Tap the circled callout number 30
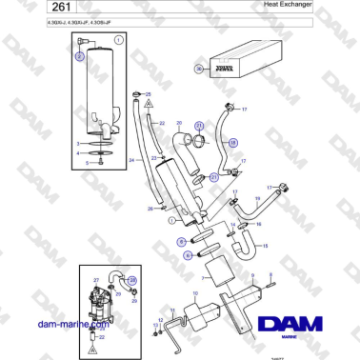[199, 69]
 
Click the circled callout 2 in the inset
[80, 56]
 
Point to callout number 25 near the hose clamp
[148, 94]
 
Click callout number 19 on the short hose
[257, 197]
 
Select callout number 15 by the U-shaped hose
[265, 245]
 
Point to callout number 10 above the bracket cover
[195, 294]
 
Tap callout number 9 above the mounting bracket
[252, 275]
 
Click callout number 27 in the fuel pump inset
[96, 279]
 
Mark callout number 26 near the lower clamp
[150, 208]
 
